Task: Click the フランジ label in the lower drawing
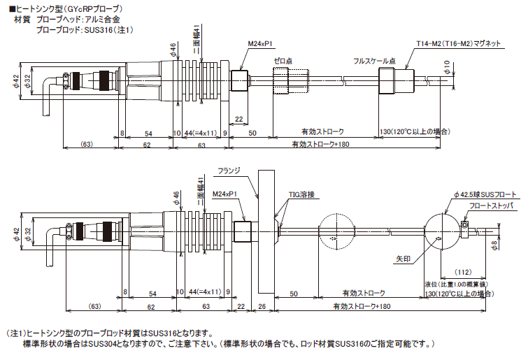pyautogui.click(x=229, y=170)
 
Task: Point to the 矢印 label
pyautogui.click(x=404, y=258)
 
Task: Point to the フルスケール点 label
pyautogui.click(x=375, y=61)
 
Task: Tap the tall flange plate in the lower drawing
pyautogui.click(x=264, y=231)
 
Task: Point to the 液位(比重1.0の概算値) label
pyautogui.click(x=456, y=284)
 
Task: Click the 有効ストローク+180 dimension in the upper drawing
pyautogui.click(x=320, y=145)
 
